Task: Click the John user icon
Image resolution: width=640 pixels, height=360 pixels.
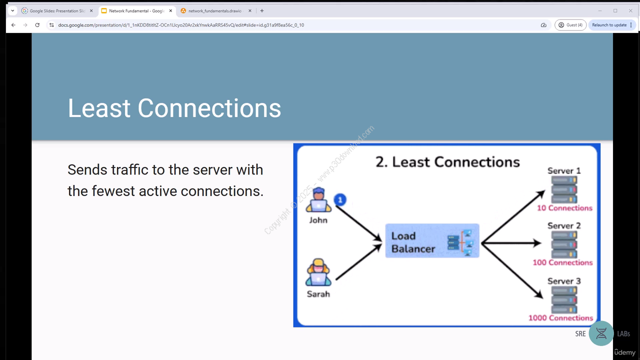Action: (x=318, y=199)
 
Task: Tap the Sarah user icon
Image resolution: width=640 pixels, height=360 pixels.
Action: (x=318, y=272)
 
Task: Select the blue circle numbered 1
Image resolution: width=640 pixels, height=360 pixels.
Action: (x=340, y=199)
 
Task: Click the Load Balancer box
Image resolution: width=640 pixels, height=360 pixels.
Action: (x=432, y=241)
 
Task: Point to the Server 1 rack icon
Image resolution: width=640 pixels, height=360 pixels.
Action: (x=564, y=189)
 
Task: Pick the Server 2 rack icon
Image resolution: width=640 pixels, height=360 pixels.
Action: (x=564, y=244)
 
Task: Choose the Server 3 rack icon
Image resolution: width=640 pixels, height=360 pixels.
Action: (x=564, y=299)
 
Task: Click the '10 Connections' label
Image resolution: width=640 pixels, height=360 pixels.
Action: (x=564, y=208)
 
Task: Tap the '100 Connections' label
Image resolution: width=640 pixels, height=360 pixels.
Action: (x=562, y=262)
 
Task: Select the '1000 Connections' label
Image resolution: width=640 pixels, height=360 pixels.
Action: (x=560, y=317)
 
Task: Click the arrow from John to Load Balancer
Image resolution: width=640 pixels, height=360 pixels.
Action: (x=358, y=223)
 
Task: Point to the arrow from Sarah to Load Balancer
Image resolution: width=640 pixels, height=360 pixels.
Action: (x=358, y=262)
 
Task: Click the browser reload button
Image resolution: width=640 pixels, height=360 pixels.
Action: (x=37, y=25)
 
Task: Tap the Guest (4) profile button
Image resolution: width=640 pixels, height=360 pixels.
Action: (x=570, y=25)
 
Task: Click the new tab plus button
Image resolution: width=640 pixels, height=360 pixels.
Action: (x=262, y=11)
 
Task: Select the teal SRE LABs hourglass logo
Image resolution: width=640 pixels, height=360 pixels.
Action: (x=601, y=333)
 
